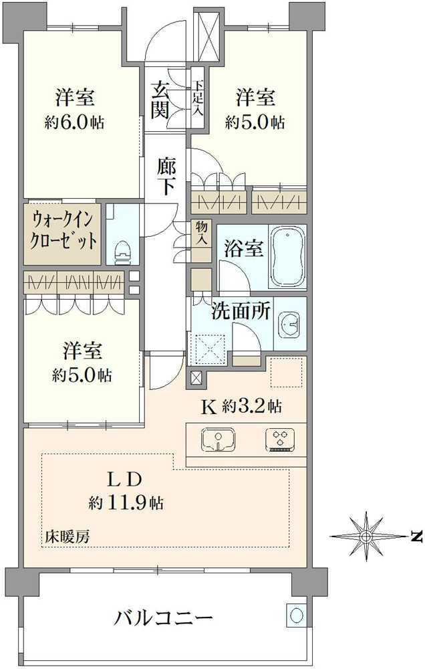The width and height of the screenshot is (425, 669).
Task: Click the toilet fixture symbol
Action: coord(122,252)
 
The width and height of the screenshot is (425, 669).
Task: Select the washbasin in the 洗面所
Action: coord(289,324)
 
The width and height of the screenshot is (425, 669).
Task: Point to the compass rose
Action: coord(366,535)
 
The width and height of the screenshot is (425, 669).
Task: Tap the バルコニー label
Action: coord(164,618)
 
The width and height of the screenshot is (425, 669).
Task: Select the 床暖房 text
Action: coord(67,537)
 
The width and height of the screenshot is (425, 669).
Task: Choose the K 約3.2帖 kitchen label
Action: coord(241,407)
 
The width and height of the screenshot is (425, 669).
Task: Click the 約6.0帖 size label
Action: coord(74,123)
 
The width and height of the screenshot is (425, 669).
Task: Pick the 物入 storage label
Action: coord(201,233)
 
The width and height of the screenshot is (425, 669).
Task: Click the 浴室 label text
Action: coord(243,248)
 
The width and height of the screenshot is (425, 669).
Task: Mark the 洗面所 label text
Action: coord(241,312)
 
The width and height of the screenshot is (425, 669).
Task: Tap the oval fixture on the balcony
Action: coord(296,615)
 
